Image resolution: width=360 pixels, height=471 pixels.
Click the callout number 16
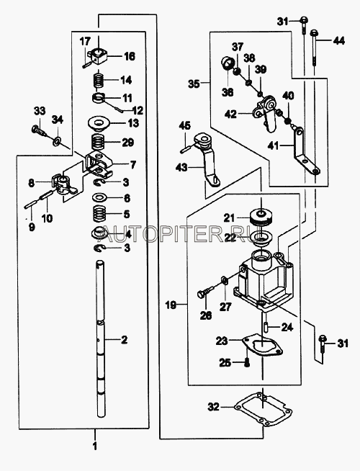[x=130, y=56]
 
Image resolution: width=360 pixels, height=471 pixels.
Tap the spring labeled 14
[x=98, y=80]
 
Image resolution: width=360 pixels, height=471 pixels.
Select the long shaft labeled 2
[x=100, y=339]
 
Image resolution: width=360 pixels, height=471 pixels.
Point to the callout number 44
[x=339, y=40]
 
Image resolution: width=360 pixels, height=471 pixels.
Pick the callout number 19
[x=171, y=305]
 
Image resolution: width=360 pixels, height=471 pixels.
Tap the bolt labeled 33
[x=38, y=130]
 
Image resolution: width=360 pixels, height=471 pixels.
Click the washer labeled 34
[x=57, y=140]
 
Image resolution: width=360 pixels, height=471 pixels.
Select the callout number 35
[x=194, y=84]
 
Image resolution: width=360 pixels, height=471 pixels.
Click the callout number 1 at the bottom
[x=95, y=447]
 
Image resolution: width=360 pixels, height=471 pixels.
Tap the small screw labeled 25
[x=247, y=363]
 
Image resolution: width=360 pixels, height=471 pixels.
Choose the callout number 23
[x=222, y=341]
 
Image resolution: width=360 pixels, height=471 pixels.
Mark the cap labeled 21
[x=261, y=217]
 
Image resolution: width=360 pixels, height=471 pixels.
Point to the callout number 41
[x=274, y=146]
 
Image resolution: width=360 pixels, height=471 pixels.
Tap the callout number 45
[x=185, y=125]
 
